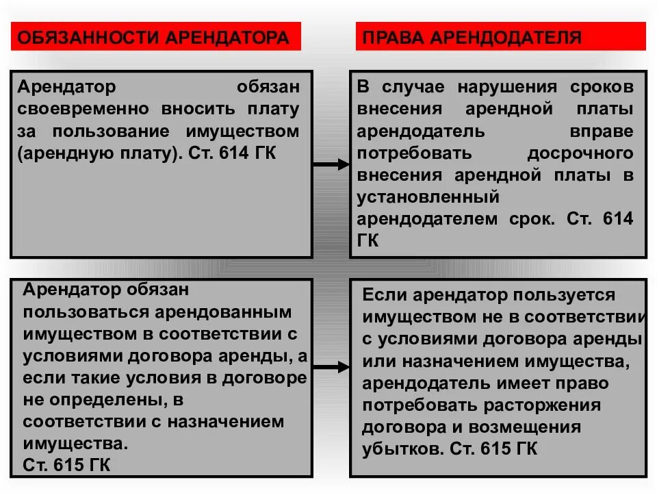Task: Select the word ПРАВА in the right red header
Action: [x=391, y=36]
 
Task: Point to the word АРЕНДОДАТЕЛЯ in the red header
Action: [x=507, y=36]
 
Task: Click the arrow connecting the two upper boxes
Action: [x=331, y=164]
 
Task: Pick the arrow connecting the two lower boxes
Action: [x=331, y=368]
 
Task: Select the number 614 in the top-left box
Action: [x=231, y=152]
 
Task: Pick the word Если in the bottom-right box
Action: [x=383, y=295]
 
